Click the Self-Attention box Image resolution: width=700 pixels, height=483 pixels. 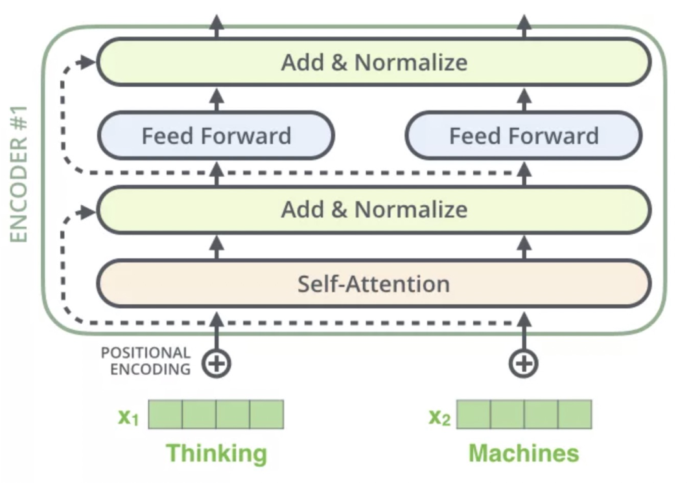(373, 284)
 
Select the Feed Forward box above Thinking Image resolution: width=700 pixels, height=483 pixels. (216, 136)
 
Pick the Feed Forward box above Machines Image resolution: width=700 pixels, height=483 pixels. (524, 136)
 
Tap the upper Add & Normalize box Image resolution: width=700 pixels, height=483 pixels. (373, 62)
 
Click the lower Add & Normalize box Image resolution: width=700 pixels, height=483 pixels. (373, 209)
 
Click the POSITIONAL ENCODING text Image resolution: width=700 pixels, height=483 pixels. (146, 361)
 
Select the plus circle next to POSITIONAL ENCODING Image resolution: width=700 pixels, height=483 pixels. (216, 363)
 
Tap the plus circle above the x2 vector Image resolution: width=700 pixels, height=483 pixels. (523, 363)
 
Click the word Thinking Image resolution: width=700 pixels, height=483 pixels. (216, 453)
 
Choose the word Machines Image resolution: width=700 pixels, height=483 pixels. (524, 453)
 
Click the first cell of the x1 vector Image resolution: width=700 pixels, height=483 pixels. (165, 414)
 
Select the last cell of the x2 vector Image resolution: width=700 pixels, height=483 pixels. (575, 414)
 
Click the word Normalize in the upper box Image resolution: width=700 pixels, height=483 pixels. (411, 62)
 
